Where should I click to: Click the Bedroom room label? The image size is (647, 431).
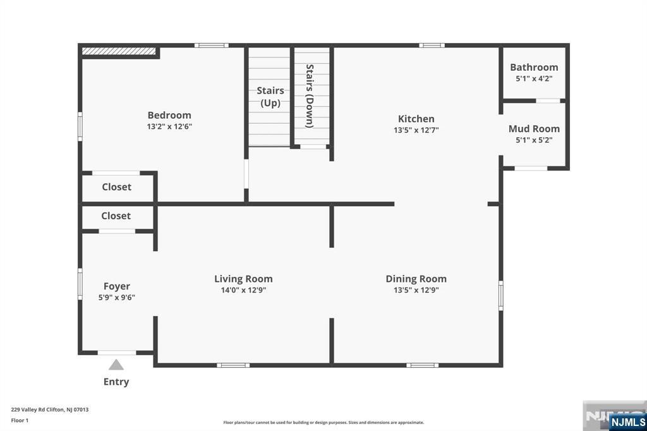click(x=169, y=115)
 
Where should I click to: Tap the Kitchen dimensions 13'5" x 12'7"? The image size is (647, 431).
click(x=416, y=130)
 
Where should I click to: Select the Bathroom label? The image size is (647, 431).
click(x=534, y=67)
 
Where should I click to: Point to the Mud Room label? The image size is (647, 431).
click(x=534, y=129)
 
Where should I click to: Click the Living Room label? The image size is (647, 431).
click(x=243, y=279)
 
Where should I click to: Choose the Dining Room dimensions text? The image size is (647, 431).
click(x=416, y=290)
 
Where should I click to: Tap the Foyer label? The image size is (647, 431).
click(x=117, y=286)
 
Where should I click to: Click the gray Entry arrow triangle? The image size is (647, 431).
click(x=116, y=365)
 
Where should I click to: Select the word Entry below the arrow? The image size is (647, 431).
click(x=116, y=382)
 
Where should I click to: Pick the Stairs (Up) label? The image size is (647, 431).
click(x=270, y=97)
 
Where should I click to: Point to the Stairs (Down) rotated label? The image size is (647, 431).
click(x=310, y=96)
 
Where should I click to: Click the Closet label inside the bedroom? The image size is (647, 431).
click(x=117, y=187)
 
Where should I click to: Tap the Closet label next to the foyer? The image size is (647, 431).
click(x=116, y=216)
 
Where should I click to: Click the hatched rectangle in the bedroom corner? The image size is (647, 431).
click(x=119, y=51)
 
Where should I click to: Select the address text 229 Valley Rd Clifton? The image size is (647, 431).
click(x=37, y=410)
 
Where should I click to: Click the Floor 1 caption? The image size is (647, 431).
click(x=20, y=421)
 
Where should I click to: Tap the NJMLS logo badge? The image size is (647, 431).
click(x=627, y=422)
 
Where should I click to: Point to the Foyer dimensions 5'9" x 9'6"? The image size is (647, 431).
click(x=117, y=297)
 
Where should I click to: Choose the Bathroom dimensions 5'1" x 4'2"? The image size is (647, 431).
click(x=534, y=78)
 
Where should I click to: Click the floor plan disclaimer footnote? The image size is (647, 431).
click(x=323, y=422)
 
